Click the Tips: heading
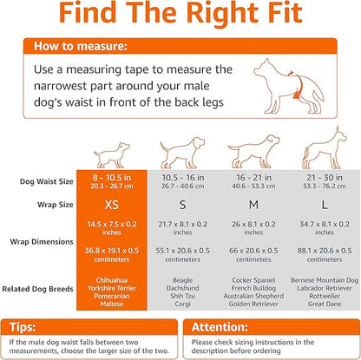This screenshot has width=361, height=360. [36, 328]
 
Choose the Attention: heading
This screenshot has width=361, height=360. [219, 328]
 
